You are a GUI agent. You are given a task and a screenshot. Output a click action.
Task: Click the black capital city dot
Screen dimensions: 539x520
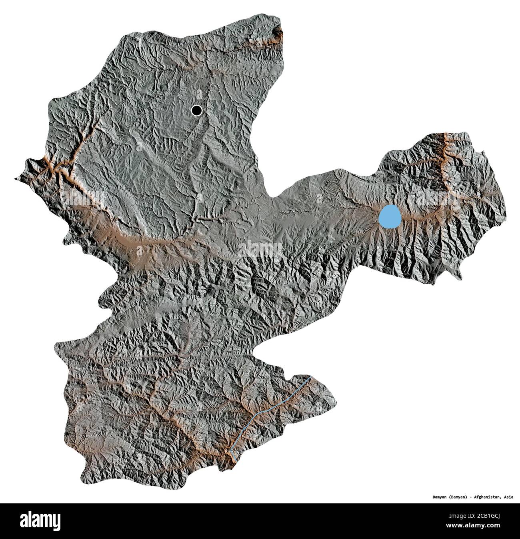click(196, 110)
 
